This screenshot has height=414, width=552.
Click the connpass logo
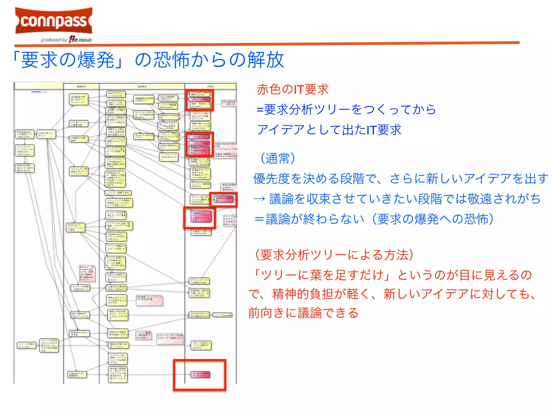pyautogui.click(x=54, y=21)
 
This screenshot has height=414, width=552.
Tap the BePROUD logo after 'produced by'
pyautogui.click(x=80, y=39)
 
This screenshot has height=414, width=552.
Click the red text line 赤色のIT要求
pyautogui.click(x=293, y=89)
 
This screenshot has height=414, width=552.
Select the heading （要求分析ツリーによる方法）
pyautogui.click(x=334, y=255)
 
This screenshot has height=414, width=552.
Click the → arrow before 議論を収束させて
pyautogui.click(x=260, y=199)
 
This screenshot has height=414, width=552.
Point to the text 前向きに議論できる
pyautogui.click(x=303, y=313)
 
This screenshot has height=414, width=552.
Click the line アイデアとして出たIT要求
pyautogui.click(x=329, y=130)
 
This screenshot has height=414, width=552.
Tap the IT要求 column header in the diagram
pyautogui.click(x=210, y=87)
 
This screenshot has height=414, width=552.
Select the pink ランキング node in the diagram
pyautogui.click(x=199, y=137)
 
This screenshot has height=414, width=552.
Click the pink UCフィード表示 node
pyautogui.click(x=200, y=100)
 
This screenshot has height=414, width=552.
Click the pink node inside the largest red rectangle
pyautogui.click(x=200, y=375)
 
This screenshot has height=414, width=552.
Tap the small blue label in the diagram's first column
pyautogui.click(x=39, y=92)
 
